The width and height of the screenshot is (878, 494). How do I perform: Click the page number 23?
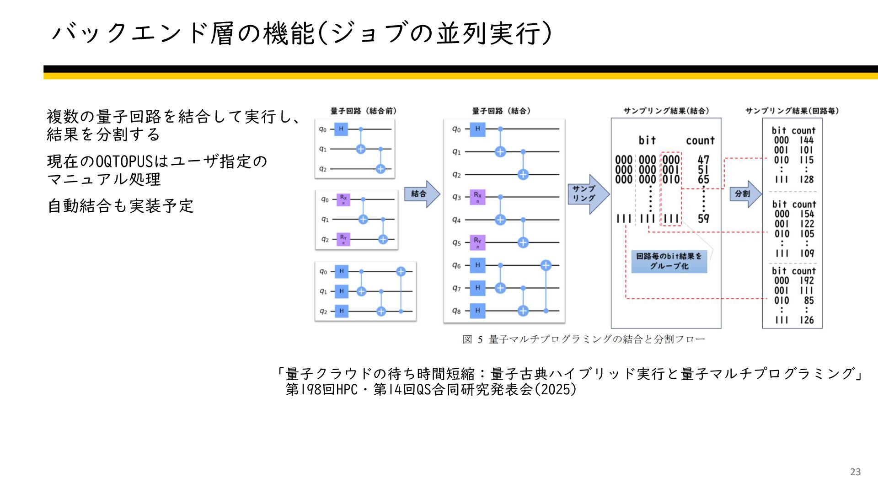pyautogui.click(x=855, y=472)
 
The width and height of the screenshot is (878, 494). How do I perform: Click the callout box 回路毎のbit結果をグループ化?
pyautogui.click(x=669, y=261)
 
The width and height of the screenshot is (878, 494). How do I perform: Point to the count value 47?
pyautogui.click(x=703, y=160)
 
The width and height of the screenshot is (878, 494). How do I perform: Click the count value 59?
pyautogui.click(x=703, y=219)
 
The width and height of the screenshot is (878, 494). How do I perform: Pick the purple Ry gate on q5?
pyautogui.click(x=477, y=242)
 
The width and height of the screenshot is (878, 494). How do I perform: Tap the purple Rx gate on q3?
pyautogui.click(x=477, y=197)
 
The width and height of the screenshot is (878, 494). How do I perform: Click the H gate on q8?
pyautogui.click(x=477, y=311)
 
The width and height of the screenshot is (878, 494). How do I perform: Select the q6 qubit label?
pyautogui.click(x=456, y=265)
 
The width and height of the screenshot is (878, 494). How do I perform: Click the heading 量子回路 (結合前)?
pyautogui.click(x=364, y=111)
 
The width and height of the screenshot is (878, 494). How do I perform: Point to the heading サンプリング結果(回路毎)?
pyautogui.click(x=792, y=111)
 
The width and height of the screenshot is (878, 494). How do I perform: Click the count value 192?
pyautogui.click(x=807, y=280)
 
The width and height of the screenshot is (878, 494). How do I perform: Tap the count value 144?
pyautogui.click(x=807, y=140)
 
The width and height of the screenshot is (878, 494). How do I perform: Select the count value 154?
pyautogui.click(x=807, y=214)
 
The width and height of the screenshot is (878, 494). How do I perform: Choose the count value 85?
pyautogui.click(x=808, y=301)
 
